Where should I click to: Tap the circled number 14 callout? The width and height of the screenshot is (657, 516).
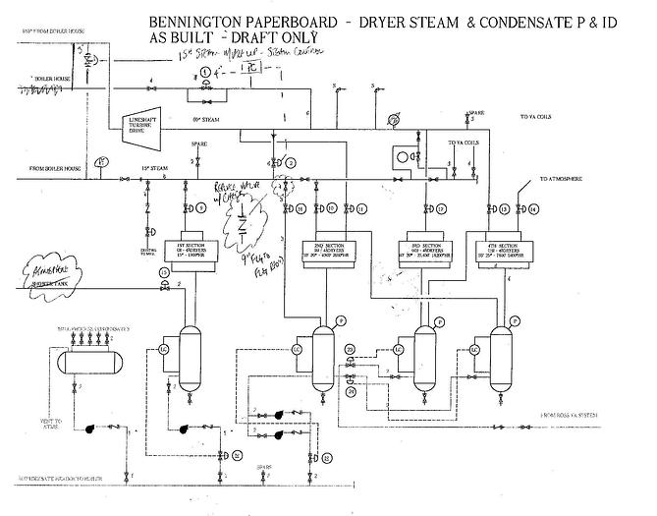click(x=533, y=208)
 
